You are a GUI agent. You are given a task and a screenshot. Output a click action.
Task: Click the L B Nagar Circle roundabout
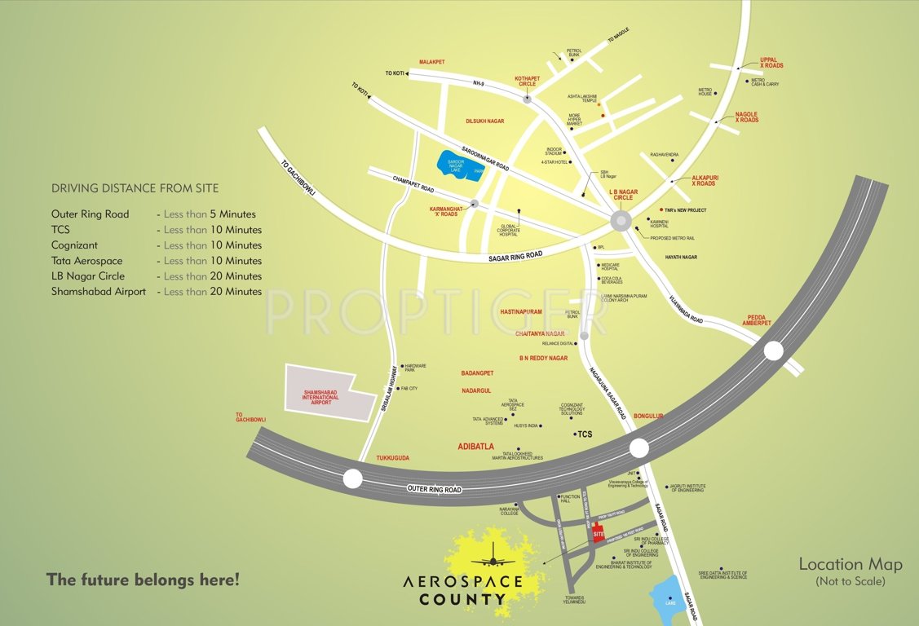click(620, 221)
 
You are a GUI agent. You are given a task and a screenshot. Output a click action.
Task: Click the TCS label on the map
click(585, 434)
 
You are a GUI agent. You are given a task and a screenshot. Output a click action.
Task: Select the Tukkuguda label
click(392, 458)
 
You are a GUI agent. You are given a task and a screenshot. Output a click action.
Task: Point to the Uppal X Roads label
click(771, 63)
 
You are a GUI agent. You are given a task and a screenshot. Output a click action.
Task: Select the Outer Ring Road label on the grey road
click(434, 489)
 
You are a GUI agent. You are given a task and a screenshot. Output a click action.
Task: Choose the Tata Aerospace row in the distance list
click(157, 261)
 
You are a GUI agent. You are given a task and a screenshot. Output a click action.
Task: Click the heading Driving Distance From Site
click(135, 188)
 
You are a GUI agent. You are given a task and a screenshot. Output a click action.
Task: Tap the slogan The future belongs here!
click(143, 580)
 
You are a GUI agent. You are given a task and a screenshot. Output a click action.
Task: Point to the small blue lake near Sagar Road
click(669, 600)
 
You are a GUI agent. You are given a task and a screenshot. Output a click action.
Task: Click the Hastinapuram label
click(520, 312)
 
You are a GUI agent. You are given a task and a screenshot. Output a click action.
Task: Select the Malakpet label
click(432, 62)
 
